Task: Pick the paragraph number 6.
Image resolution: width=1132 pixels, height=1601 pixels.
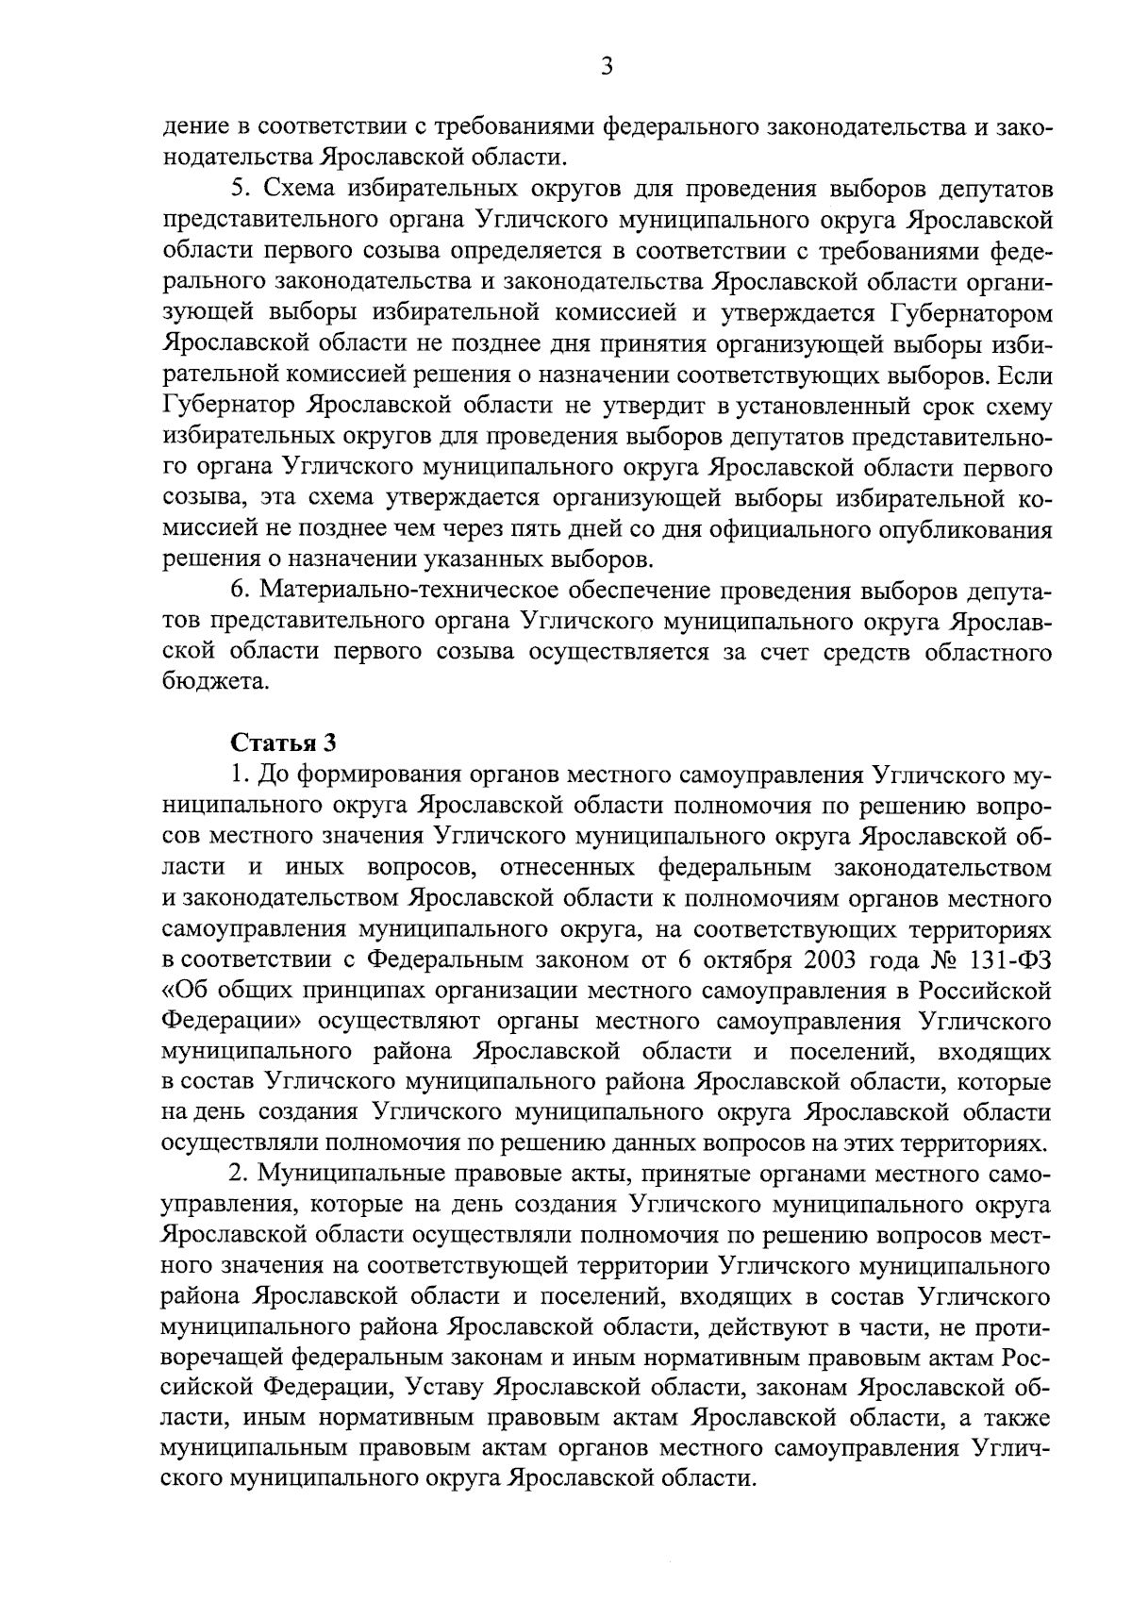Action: point(239,592)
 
